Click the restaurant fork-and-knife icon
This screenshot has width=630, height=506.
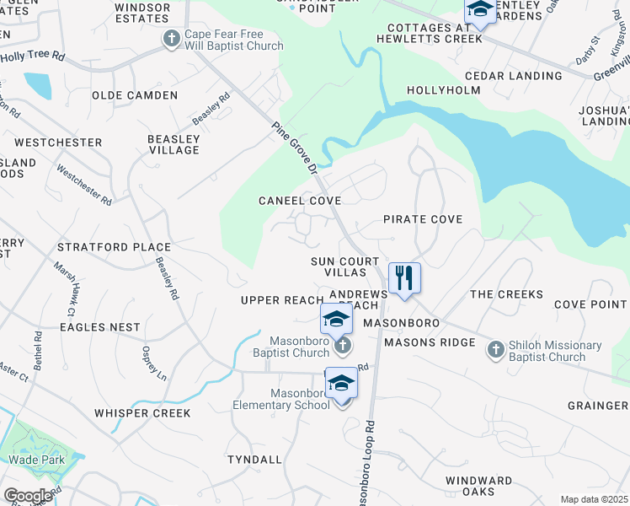pyautogui.click(x=404, y=277)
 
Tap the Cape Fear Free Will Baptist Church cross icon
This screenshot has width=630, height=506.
pyautogui.click(x=171, y=38)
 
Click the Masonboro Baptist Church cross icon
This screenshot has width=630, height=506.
pyautogui.click(x=341, y=346)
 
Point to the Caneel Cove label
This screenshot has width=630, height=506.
pyautogui.click(x=300, y=201)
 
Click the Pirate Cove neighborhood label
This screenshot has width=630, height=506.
pyautogui.click(x=423, y=219)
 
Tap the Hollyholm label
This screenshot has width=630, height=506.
pyautogui.click(x=443, y=89)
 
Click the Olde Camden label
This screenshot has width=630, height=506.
pyautogui.click(x=135, y=95)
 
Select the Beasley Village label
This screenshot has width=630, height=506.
pyautogui.click(x=174, y=144)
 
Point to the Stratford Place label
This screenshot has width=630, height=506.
pyautogui.click(x=114, y=247)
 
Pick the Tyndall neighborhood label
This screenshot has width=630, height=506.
pyautogui.click(x=254, y=460)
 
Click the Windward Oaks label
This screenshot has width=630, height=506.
pyautogui.click(x=478, y=486)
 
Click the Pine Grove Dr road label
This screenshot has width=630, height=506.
pyautogui.click(x=294, y=147)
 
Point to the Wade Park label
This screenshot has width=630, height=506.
pyautogui.click(x=32, y=460)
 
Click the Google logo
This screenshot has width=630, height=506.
pyautogui.click(x=28, y=495)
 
